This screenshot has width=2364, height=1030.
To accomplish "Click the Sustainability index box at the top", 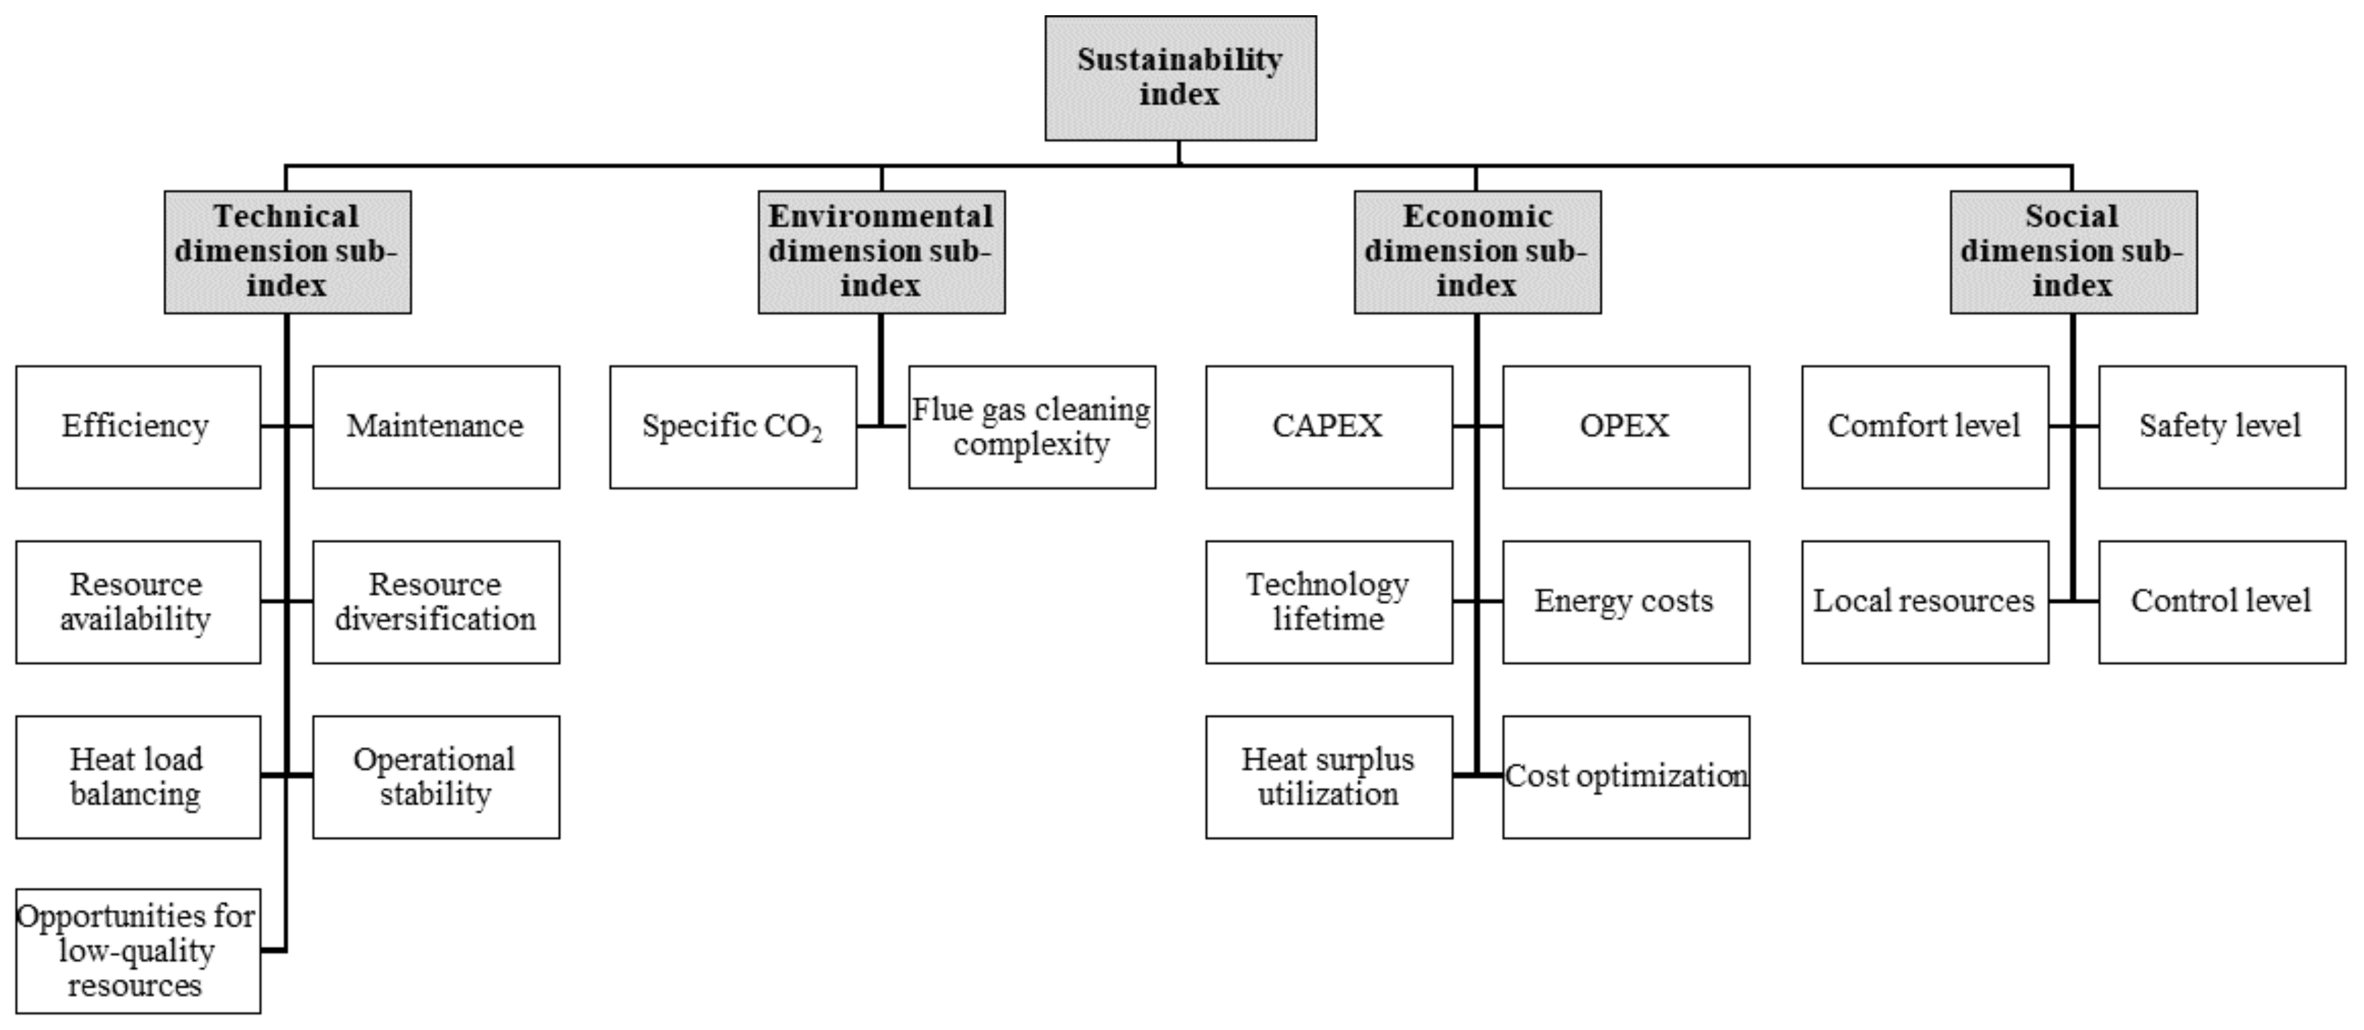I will tap(1180, 78).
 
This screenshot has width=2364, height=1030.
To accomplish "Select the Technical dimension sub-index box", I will tap(287, 252).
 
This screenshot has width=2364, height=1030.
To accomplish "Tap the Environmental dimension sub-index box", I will tap(881, 252).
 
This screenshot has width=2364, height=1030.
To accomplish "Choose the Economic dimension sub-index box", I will tap(1477, 252).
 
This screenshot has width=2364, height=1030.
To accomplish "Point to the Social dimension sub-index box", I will tap(2072, 252).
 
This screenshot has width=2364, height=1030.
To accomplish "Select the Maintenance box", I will tap(435, 427).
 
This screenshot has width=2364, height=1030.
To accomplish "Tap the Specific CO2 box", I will tap(732, 427).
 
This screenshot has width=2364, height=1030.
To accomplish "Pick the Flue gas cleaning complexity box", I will tap(1031, 427).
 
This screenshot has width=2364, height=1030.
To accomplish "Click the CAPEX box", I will tap(1328, 427).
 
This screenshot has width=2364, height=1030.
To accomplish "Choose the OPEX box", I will tap(1626, 427).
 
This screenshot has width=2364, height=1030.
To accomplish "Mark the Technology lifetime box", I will tap(1328, 601).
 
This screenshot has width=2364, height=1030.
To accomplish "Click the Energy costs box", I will tap(1626, 601).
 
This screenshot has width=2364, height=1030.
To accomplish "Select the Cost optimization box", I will tap(1626, 776).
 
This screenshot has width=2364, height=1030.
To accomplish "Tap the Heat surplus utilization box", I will tap(1328, 776).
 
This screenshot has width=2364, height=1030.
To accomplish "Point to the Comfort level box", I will tap(1924, 427).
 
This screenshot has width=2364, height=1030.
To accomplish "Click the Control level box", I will tap(2221, 601).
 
